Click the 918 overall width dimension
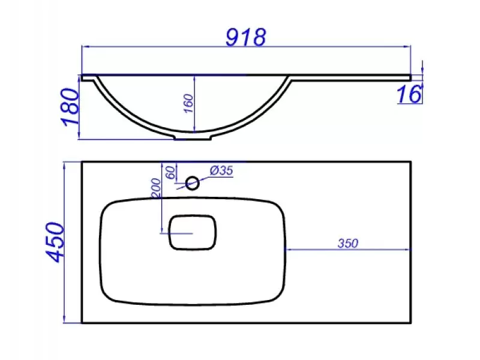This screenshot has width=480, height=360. (x=246, y=37)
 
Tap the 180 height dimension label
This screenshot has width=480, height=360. (x=71, y=107)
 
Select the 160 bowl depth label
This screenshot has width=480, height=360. (x=189, y=103)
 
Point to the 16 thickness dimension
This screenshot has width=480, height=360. (x=409, y=94)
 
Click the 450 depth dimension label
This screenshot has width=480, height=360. (x=55, y=242)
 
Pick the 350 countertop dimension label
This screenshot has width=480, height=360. (x=348, y=244)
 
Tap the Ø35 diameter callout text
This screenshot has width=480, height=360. (x=221, y=170)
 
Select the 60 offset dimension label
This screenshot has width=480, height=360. (x=171, y=172)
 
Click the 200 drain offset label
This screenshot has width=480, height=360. (x=156, y=188)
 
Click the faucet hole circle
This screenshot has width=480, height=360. (x=193, y=184)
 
